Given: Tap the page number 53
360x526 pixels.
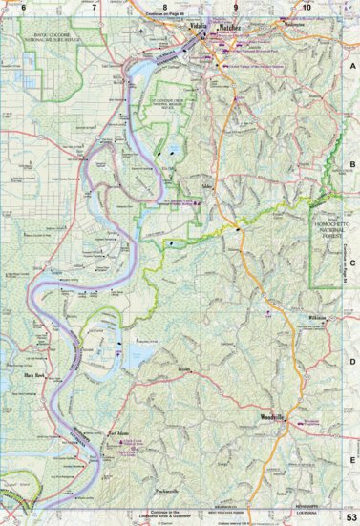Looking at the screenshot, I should [x=351, y=516].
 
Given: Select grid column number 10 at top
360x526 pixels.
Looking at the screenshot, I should [x=306, y=7].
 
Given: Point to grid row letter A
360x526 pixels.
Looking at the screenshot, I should [x=351, y=67].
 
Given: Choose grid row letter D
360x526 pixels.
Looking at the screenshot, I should [x=351, y=361].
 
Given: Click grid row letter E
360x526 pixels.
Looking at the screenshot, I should [x=351, y=459].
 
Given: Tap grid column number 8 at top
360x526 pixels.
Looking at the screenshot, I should [x=165, y=7].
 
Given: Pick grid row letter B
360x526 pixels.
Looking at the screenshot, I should [x=351, y=164].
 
